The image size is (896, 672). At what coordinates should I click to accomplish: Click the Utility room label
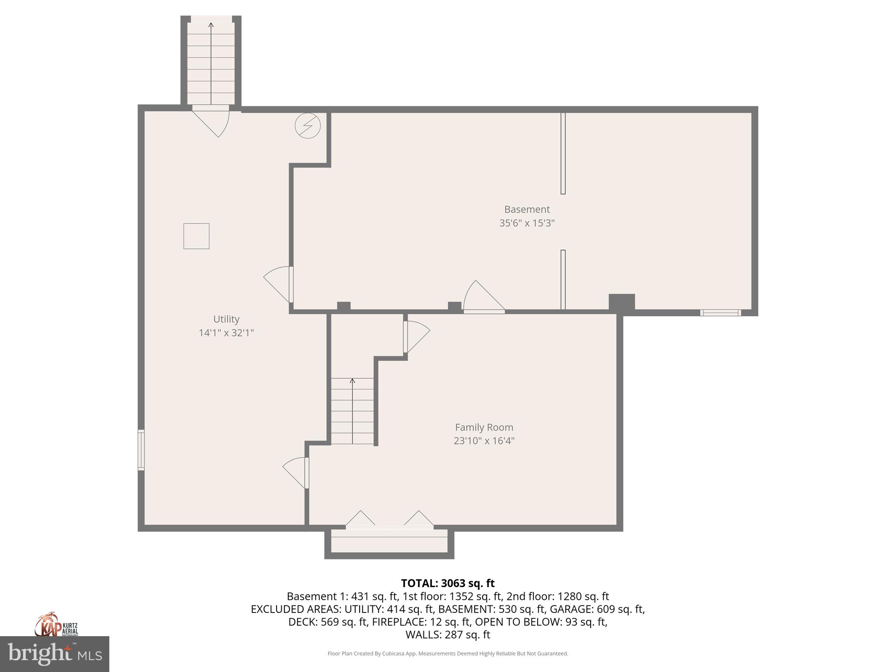pyautogui.click(x=226, y=319)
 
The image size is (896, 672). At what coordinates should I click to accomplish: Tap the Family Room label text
pyautogui.click(x=484, y=427)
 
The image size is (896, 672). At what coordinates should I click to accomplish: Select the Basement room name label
pyautogui.click(x=527, y=209)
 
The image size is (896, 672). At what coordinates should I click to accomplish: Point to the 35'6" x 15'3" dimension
pyautogui.click(x=527, y=223)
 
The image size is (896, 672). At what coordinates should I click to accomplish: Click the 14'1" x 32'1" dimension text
pyautogui.click(x=226, y=333)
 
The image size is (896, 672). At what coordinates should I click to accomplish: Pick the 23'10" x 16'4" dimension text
pyautogui.click(x=484, y=441)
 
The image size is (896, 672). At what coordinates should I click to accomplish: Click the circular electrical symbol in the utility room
pyautogui.click(x=308, y=126)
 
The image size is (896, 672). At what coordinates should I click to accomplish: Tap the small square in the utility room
pyautogui.click(x=196, y=236)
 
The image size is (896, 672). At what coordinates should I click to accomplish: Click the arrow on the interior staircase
pyautogui.click(x=352, y=411)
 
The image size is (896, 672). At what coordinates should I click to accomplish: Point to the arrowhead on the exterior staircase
pyautogui.click(x=211, y=25)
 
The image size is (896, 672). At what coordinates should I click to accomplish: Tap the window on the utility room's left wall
pyautogui.click(x=141, y=450)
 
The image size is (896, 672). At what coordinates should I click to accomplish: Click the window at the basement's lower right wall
pyautogui.click(x=720, y=312)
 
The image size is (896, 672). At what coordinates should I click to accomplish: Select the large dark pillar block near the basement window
pyautogui.click(x=622, y=302)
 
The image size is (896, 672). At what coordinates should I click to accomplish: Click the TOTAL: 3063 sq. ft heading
pyautogui.click(x=448, y=583)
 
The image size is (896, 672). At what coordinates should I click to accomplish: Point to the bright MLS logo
pyautogui.click(x=54, y=654)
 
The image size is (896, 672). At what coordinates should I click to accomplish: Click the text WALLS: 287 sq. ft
pyautogui.click(x=448, y=635)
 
